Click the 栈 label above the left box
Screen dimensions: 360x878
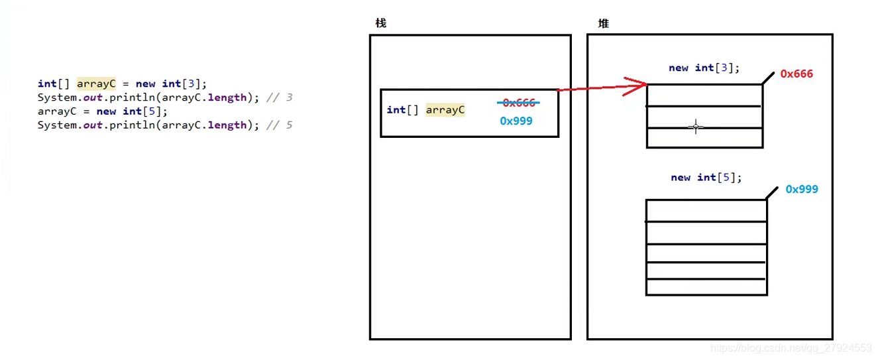[x=380, y=23]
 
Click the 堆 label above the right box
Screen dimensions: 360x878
[x=603, y=23]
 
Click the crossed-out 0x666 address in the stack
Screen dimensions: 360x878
[x=519, y=103]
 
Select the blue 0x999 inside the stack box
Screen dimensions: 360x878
[x=516, y=121]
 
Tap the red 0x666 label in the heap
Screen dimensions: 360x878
[x=796, y=74]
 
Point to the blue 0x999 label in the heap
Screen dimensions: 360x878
[x=802, y=189]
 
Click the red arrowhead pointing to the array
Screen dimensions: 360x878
[x=637, y=85]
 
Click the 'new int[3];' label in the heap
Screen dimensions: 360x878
[x=704, y=68]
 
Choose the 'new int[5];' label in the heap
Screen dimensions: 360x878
[x=706, y=177]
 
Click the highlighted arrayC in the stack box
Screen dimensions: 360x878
[x=445, y=110]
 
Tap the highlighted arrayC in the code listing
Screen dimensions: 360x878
[x=96, y=84]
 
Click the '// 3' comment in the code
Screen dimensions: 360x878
[x=279, y=97]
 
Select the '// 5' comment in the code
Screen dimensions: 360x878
[x=279, y=125]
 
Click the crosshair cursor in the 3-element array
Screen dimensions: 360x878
[x=695, y=127]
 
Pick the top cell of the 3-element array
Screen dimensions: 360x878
[x=704, y=95]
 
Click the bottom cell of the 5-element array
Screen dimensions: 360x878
[x=706, y=286]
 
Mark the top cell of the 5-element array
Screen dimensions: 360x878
[x=706, y=211]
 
